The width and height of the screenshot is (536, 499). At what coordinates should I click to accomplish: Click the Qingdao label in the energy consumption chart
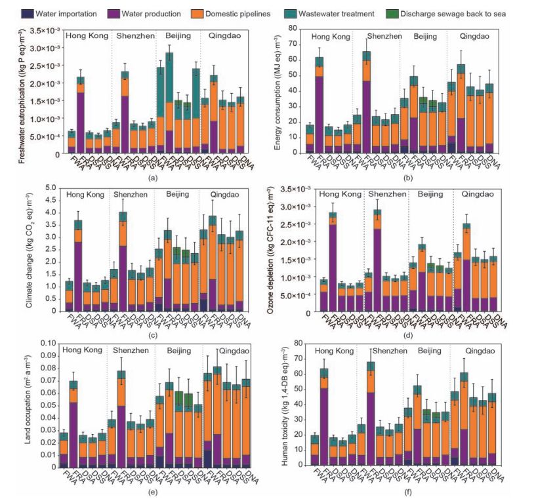pyautogui.click(x=473, y=36)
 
